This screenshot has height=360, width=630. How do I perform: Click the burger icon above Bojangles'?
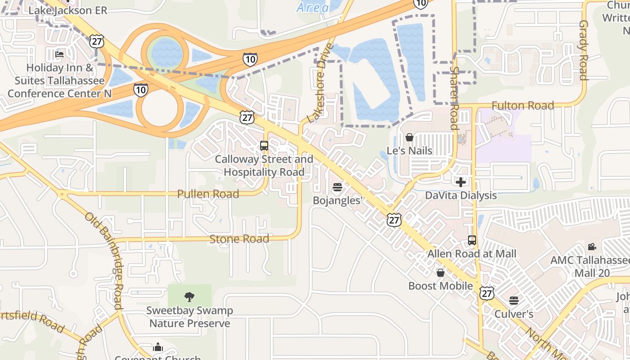337,187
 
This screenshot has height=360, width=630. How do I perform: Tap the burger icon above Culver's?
514,301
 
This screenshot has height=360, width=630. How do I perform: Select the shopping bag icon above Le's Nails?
409,137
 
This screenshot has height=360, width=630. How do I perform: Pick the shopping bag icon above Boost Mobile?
441,273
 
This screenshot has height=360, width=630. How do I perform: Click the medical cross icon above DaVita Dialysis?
461,182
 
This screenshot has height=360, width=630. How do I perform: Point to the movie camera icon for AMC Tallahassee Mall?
592,247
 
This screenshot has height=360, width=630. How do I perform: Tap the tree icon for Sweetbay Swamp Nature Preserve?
189,297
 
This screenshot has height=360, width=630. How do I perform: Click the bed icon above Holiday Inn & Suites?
59,55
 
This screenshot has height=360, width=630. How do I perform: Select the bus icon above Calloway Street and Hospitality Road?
264,146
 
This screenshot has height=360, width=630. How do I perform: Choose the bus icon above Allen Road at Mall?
472,240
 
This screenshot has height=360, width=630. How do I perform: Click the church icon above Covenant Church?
157,347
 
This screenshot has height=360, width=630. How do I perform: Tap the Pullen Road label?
208,194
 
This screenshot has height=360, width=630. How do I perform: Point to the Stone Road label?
239,238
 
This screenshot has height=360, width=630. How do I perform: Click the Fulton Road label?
522,106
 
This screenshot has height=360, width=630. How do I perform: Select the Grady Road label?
584,50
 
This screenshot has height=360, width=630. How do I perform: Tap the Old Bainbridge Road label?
104,261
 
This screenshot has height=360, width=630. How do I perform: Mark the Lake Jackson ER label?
68,10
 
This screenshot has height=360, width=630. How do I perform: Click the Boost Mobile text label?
441,286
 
